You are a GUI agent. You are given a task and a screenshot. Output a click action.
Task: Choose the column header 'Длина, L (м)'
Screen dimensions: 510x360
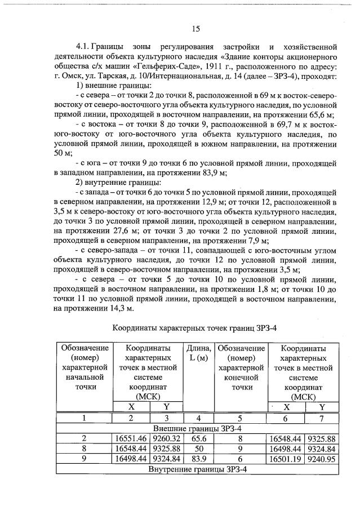pos(198,354)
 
